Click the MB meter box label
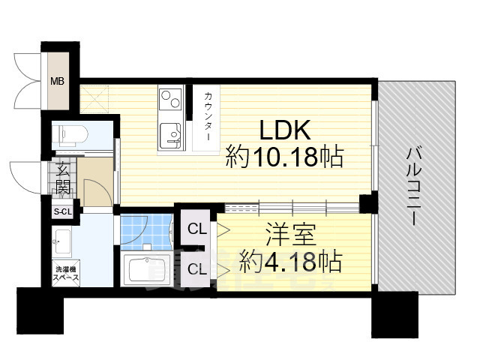[56, 80]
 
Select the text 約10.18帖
[285, 157]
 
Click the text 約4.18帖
[290, 262]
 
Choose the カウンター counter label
[207, 116]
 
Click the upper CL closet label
[197, 229]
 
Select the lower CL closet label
[197, 268]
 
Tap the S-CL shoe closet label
[61, 212]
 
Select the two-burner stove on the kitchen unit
[169, 98]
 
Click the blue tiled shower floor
[146, 233]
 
